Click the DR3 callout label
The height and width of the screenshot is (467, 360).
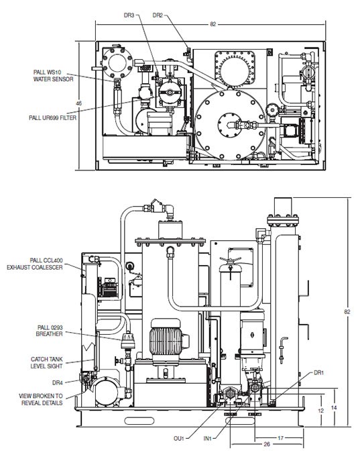coord(129,15)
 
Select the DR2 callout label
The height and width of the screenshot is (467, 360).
coord(158,15)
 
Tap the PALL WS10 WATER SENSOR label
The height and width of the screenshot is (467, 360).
coord(53,76)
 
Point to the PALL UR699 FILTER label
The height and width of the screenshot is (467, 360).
coord(53,117)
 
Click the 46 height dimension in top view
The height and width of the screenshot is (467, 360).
coord(78,103)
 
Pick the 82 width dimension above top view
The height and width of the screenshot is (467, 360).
coord(213,24)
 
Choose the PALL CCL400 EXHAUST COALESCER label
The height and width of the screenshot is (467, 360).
coord(35,264)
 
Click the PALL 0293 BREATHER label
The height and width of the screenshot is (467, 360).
coord(50,331)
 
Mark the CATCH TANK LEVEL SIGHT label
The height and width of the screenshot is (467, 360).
coord(47,363)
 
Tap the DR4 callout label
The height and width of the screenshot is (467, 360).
coord(58,382)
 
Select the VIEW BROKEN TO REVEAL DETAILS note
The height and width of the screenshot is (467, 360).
coord(41,399)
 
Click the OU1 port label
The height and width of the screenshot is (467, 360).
coord(179,438)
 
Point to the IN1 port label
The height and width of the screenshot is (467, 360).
coord(207,438)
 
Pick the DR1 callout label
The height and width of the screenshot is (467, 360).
coord(318,373)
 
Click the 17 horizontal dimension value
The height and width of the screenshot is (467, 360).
coord(281,437)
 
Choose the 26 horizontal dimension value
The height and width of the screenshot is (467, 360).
coord(267,444)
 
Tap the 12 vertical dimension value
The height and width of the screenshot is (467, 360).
coord(320,411)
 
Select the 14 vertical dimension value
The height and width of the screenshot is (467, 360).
coord(334,407)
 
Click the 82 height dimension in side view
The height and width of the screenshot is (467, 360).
coord(347,312)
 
